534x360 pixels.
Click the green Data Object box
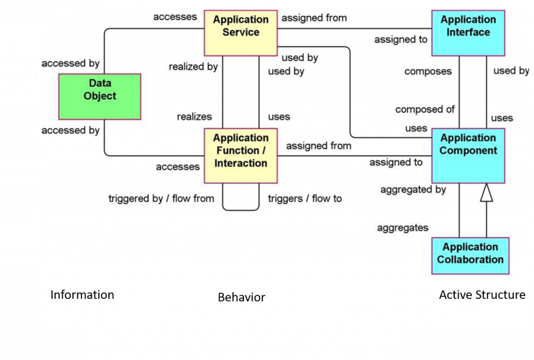point(100,95)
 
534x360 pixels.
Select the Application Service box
point(241,32)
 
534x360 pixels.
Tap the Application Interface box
point(468,32)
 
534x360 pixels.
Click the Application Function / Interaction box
point(241,155)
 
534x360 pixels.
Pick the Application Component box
point(468,155)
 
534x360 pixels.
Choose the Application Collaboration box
point(470,255)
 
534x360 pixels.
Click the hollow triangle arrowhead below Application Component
point(486,192)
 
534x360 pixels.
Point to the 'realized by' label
point(193,67)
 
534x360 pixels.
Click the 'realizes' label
point(195,117)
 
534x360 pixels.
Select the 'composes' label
point(428,72)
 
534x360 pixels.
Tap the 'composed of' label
point(425,109)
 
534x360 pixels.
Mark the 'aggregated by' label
point(413,190)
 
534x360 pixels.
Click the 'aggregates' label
point(403,227)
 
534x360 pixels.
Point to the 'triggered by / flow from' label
point(161,199)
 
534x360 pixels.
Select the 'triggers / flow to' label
point(305,199)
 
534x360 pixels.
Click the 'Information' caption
point(82,295)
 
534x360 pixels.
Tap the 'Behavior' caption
point(241,297)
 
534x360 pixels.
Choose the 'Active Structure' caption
point(482,295)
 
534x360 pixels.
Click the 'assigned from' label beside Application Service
point(314,18)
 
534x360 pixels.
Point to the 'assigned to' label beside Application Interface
point(400,40)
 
